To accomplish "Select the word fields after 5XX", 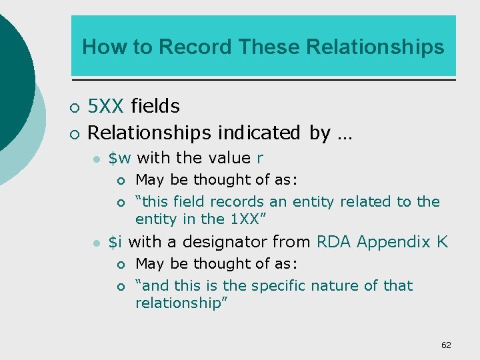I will pyautogui.click(x=155, y=106).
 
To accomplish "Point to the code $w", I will pyautogui.click(x=119, y=158).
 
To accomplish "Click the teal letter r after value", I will pyautogui.click(x=260, y=159).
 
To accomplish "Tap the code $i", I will pyautogui.click(x=115, y=242).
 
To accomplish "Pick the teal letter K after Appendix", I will pyautogui.click(x=443, y=242).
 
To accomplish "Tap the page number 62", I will pyautogui.click(x=446, y=345).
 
